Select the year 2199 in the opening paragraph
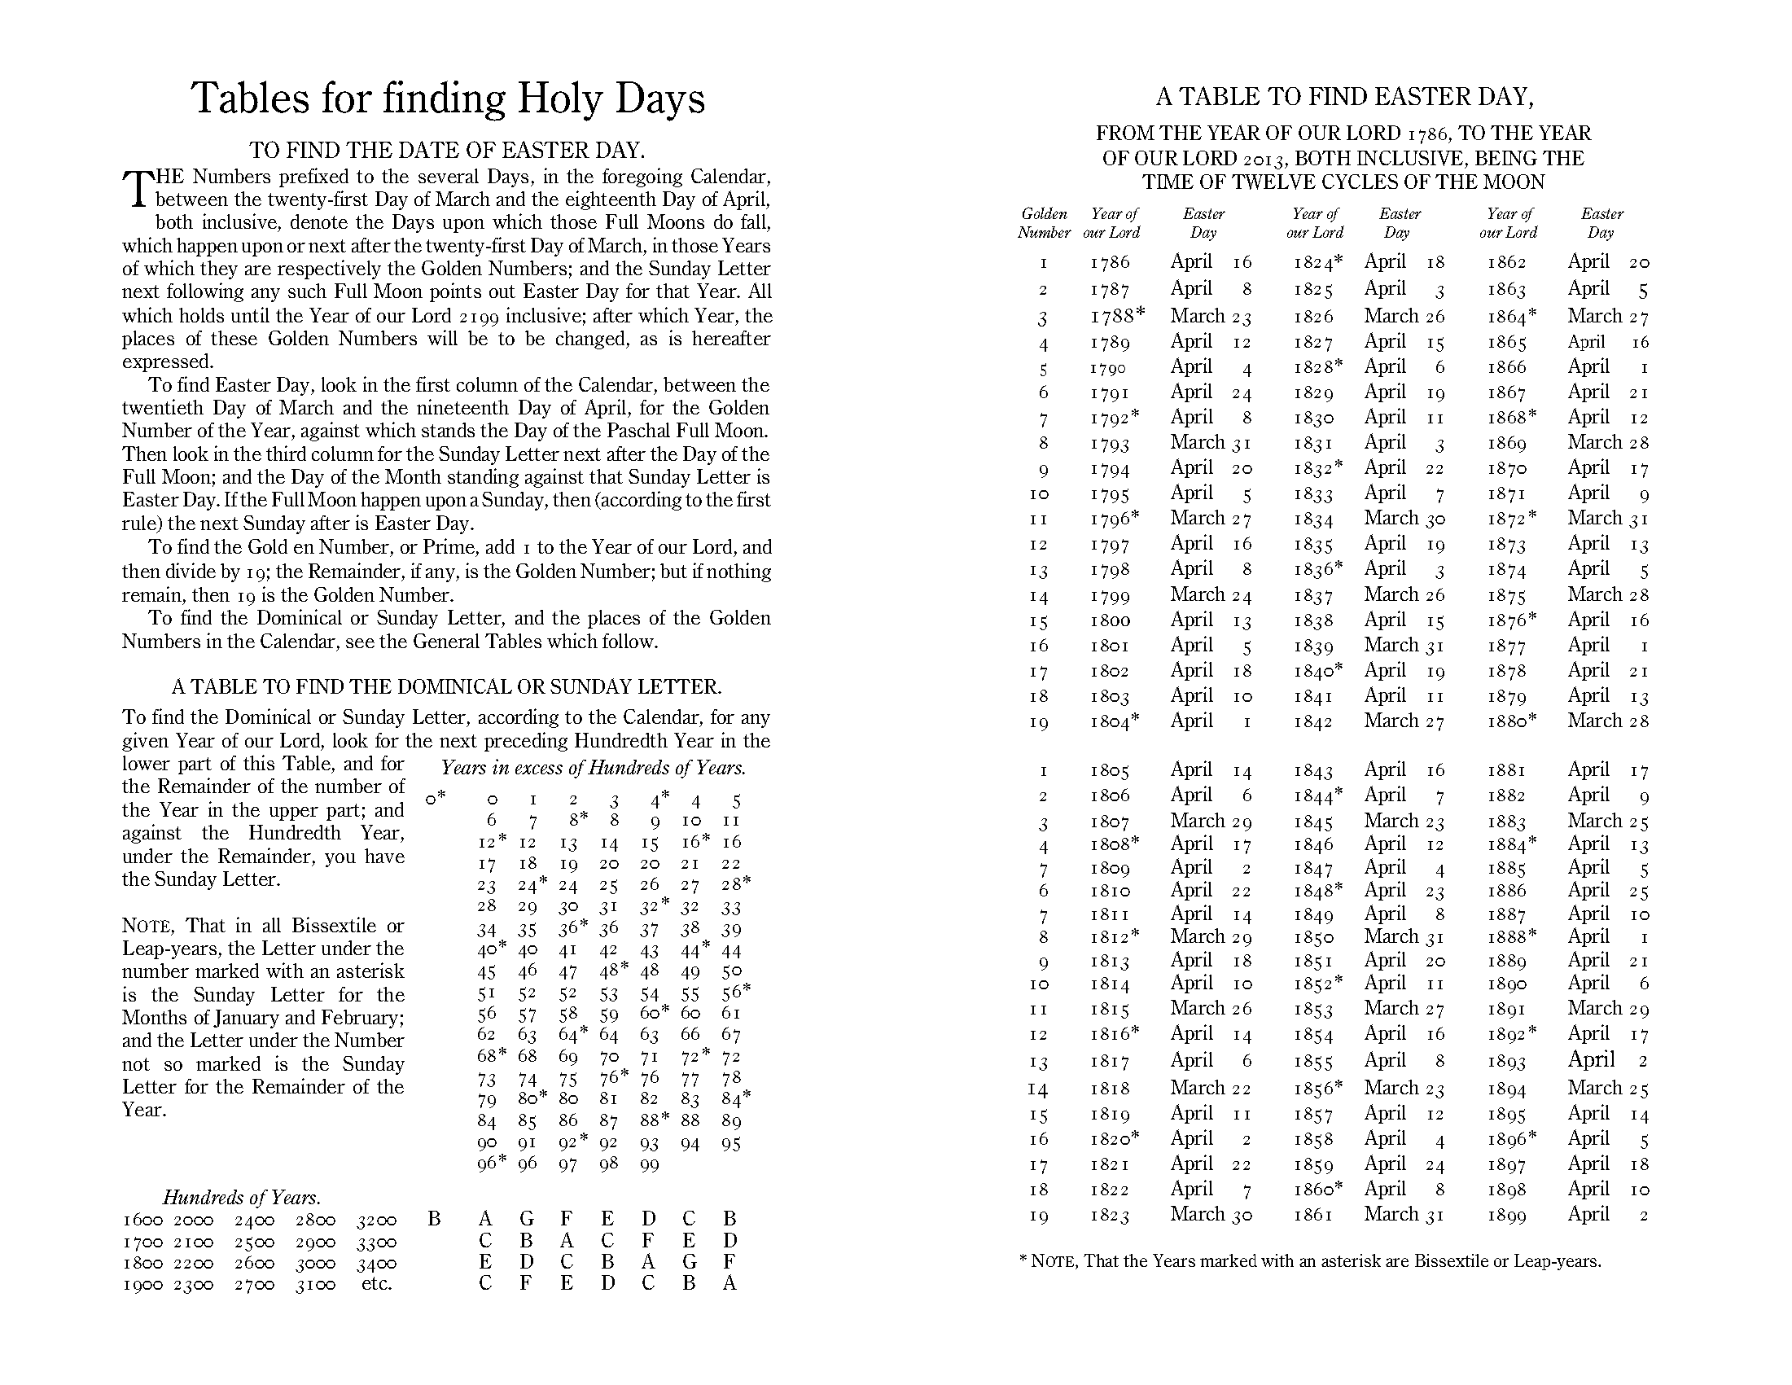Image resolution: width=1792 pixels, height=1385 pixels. (478, 317)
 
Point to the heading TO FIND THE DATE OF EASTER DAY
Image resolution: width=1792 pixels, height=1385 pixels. (447, 150)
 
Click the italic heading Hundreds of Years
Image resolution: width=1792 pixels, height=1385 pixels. (241, 1197)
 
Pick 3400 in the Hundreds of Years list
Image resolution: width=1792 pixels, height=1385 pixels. (377, 1264)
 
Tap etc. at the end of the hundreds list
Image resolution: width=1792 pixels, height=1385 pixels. (377, 1284)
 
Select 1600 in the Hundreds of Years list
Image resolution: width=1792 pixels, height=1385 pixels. (143, 1221)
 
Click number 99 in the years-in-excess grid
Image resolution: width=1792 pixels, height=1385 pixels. (649, 1165)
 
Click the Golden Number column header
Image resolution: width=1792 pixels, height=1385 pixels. (1044, 223)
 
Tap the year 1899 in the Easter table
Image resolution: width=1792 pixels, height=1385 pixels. (1506, 1216)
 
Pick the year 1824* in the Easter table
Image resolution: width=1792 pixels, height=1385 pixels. (1318, 262)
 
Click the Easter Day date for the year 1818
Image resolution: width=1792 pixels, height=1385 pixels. (1210, 1088)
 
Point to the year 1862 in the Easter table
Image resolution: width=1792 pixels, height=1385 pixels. (1506, 262)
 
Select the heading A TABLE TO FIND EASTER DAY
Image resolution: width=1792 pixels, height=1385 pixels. (1344, 97)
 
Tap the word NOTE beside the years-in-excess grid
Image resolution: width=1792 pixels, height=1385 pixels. (147, 927)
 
